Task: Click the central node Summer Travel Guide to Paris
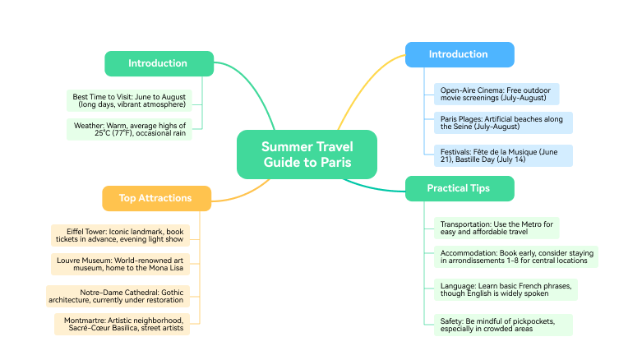[x=307, y=155]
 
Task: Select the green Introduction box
[x=158, y=63]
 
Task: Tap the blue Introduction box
[x=459, y=54]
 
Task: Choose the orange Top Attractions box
[x=155, y=198]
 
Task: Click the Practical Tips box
[x=459, y=188]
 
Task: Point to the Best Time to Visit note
[x=129, y=100]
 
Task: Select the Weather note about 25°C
[x=129, y=130]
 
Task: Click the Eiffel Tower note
[x=120, y=235]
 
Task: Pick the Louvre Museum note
[x=120, y=265]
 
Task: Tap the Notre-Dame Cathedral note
[x=120, y=296]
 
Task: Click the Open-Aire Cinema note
[x=497, y=94]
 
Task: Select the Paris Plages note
[x=502, y=123]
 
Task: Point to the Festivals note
[x=502, y=155]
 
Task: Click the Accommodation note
[x=515, y=256]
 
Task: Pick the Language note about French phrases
[x=506, y=289]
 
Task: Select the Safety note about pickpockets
[x=502, y=324]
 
